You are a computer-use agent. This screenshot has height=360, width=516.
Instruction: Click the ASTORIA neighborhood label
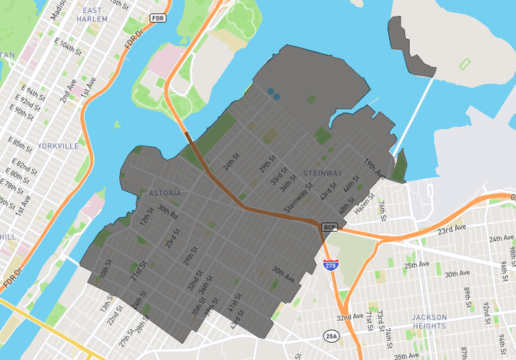(x=164, y=193)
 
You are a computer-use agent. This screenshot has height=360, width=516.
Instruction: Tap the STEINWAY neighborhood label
(x=322, y=173)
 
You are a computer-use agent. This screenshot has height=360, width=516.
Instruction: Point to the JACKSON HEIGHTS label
(x=429, y=321)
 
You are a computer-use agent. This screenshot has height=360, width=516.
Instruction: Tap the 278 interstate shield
(x=330, y=265)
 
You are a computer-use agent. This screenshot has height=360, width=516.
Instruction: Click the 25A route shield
(x=331, y=335)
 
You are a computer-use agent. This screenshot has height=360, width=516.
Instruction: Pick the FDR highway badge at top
(x=157, y=17)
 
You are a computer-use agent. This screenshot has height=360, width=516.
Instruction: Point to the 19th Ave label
(x=374, y=169)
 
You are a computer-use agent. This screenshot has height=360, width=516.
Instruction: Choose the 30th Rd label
(x=169, y=213)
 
